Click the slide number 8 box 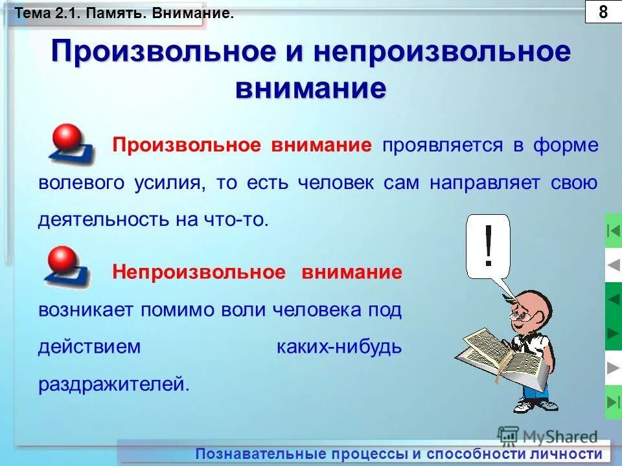click(603, 12)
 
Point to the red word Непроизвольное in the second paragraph click(199, 272)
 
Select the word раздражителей click(114, 384)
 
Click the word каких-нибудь click(339, 347)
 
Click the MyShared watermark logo click(548, 436)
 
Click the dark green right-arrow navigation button click(613, 333)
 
